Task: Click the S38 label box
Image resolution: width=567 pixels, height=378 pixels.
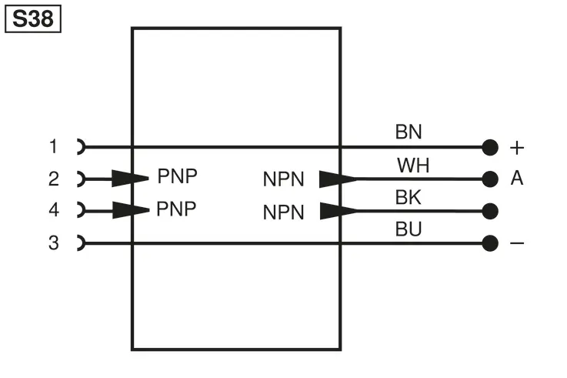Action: pyautogui.click(x=33, y=18)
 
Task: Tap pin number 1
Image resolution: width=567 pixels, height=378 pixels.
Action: pyautogui.click(x=53, y=146)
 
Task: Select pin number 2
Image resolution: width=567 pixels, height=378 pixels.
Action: pyautogui.click(x=54, y=179)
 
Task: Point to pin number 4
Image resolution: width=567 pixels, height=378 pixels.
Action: pyautogui.click(x=54, y=210)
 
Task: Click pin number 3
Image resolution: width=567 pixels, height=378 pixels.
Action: pyautogui.click(x=54, y=243)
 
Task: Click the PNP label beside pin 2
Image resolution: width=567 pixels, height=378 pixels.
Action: pyautogui.click(x=177, y=176)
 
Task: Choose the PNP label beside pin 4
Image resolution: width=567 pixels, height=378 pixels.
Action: pyautogui.click(x=176, y=209)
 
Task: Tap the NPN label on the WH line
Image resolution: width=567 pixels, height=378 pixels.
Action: pyautogui.click(x=283, y=179)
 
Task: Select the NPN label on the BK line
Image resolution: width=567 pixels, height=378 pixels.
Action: pyautogui.click(x=283, y=212)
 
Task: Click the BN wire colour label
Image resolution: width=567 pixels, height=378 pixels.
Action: pyautogui.click(x=409, y=132)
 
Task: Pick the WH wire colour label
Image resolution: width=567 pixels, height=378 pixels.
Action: pyautogui.click(x=413, y=166)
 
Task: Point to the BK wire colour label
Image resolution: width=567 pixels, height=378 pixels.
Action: pyautogui.click(x=409, y=198)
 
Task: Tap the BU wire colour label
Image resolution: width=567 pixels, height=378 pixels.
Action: pyautogui.click(x=409, y=229)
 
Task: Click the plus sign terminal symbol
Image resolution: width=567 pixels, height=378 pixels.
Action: pyautogui.click(x=517, y=148)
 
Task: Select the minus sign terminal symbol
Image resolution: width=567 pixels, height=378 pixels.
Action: pyautogui.click(x=517, y=243)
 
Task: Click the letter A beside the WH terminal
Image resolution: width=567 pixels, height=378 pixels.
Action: pyautogui.click(x=517, y=178)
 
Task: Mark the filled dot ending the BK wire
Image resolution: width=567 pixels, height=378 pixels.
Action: pyautogui.click(x=490, y=211)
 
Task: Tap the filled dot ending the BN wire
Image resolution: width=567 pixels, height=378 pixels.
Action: pyautogui.click(x=490, y=147)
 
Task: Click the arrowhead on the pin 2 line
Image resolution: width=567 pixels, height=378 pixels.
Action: pyautogui.click(x=130, y=179)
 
